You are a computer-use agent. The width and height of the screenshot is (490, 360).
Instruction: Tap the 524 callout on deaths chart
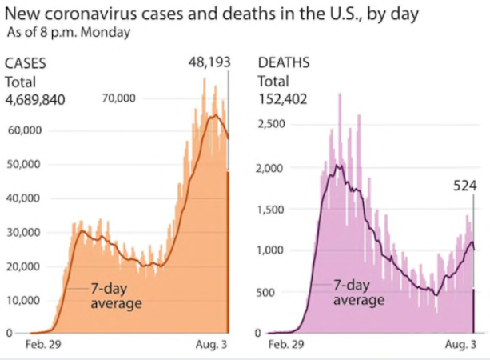464,186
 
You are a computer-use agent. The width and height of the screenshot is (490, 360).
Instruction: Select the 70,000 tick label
119,98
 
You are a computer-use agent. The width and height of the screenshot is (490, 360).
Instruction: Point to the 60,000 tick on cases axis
23,130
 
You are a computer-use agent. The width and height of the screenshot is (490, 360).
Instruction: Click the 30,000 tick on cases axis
23,232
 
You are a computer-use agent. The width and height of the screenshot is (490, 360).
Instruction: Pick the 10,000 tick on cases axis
23,300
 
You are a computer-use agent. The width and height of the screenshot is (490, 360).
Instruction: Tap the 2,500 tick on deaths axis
271,124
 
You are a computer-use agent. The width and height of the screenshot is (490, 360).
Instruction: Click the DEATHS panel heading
282,63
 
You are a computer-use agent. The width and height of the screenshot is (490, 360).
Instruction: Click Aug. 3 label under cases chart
212,346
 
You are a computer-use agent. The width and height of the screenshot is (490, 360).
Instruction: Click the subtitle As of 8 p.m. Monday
67,33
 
